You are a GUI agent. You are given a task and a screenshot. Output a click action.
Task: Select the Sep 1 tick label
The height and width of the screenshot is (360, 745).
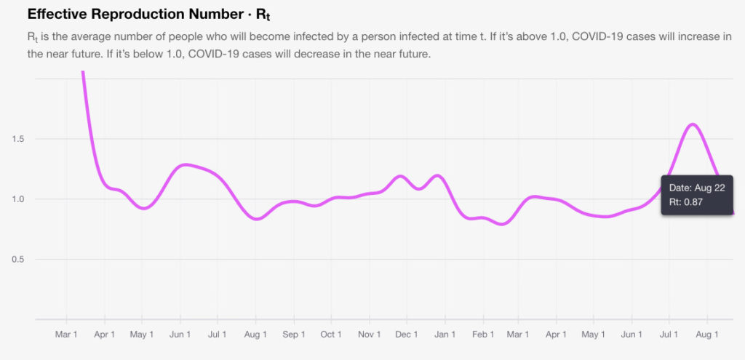point(293,335)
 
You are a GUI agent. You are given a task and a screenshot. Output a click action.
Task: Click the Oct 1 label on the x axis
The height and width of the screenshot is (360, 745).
point(331,335)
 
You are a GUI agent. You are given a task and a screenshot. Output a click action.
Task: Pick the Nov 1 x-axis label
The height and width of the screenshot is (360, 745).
point(370,335)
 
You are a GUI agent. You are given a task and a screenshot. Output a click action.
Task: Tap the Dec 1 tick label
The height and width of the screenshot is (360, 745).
point(407,335)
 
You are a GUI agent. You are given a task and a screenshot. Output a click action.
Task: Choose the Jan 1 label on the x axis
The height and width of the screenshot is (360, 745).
point(445,335)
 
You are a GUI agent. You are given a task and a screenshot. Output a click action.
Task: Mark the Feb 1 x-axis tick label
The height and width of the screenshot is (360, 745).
point(482,335)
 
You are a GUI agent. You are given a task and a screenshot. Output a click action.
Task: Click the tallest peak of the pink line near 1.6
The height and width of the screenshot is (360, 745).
point(693,124)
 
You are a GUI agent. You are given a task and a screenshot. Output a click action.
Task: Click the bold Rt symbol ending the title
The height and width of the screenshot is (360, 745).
point(265,15)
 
